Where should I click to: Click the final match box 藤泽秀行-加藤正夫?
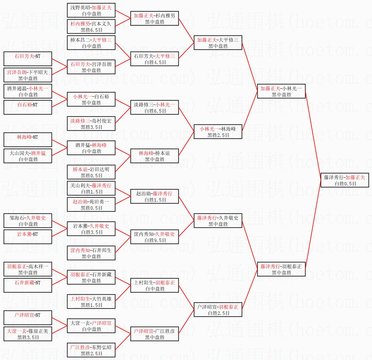click(x=345, y=180)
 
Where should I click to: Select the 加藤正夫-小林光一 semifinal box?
click(x=281, y=91)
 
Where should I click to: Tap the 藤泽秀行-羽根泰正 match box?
click(x=281, y=269)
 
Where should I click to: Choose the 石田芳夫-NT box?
click(x=28, y=59)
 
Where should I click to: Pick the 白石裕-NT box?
click(x=28, y=107)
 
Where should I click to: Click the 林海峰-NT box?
click(x=28, y=140)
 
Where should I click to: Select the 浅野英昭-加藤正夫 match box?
click(x=91, y=10)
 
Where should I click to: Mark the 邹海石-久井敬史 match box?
click(x=28, y=221)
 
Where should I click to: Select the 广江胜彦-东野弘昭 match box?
click(x=91, y=350)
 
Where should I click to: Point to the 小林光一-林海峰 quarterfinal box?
click(x=218, y=132)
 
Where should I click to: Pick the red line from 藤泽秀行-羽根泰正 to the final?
click(x=313, y=225)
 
